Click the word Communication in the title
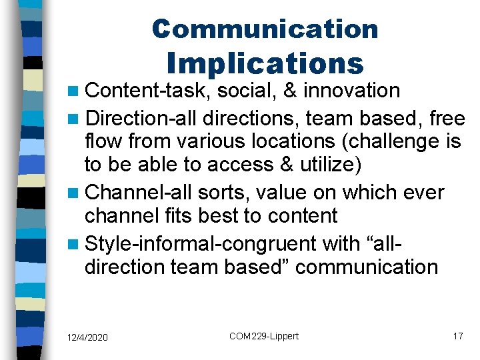pyautogui.click(x=265, y=29)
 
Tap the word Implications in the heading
pyautogui.click(x=265, y=63)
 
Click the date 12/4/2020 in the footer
pyautogui.click(x=87, y=337)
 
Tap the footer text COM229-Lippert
pyautogui.click(x=264, y=336)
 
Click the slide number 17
pyautogui.click(x=457, y=336)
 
